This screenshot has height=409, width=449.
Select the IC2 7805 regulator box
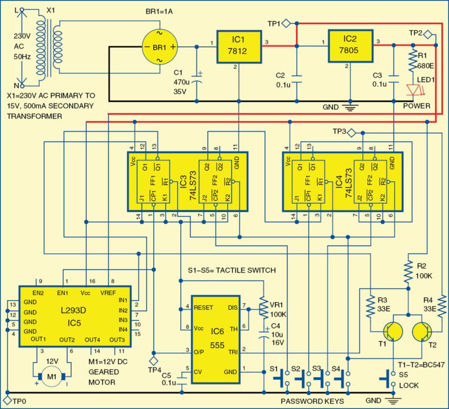(x=350, y=46)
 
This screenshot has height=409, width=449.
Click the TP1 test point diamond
(x=287, y=24)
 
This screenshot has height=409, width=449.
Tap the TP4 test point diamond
(x=153, y=361)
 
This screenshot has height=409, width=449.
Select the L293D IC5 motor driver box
(x=75, y=316)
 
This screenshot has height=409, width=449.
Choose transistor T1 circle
(x=391, y=333)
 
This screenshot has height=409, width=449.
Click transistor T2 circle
(x=422, y=333)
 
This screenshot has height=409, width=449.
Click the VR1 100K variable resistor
(x=263, y=307)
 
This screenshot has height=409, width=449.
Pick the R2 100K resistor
(x=408, y=272)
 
